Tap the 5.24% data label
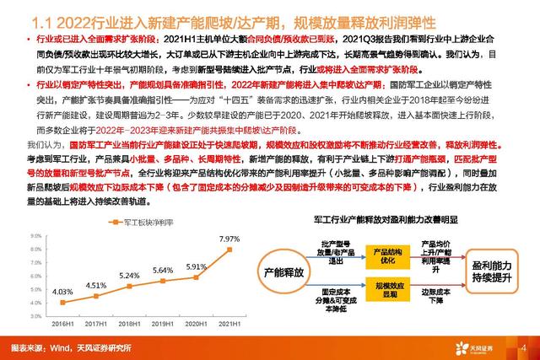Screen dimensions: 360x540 click(129, 276)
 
